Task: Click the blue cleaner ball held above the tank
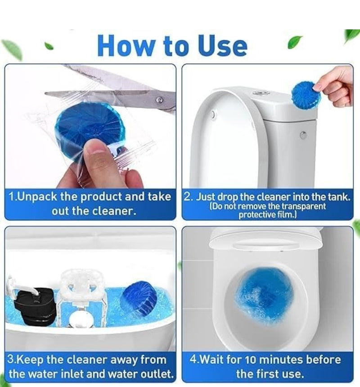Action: (306, 95)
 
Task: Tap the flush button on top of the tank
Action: (261, 92)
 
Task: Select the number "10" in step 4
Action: (262, 360)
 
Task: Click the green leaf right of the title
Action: (295, 42)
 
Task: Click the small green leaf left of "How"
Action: (49, 46)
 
